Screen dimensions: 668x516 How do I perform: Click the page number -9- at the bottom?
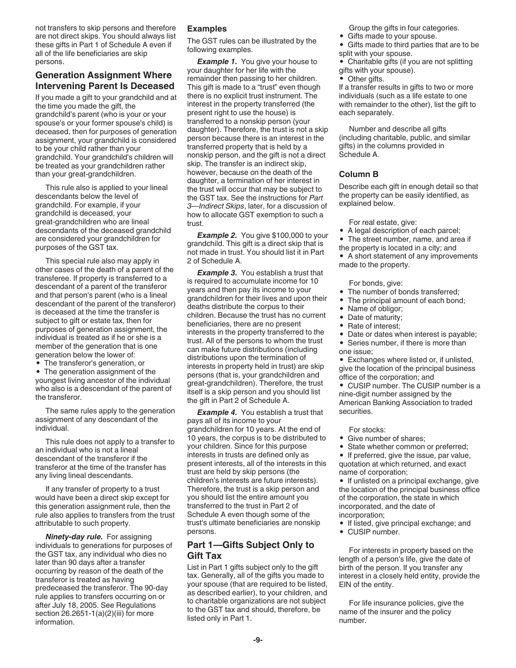point(257,640)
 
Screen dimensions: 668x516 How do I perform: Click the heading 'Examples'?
point(207,29)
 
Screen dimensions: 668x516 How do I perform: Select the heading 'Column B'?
point(358,174)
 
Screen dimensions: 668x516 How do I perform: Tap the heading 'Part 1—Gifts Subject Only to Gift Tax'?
point(250,550)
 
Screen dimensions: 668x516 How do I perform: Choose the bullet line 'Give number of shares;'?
point(386,438)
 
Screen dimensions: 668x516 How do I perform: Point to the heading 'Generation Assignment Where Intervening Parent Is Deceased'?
point(105,80)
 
